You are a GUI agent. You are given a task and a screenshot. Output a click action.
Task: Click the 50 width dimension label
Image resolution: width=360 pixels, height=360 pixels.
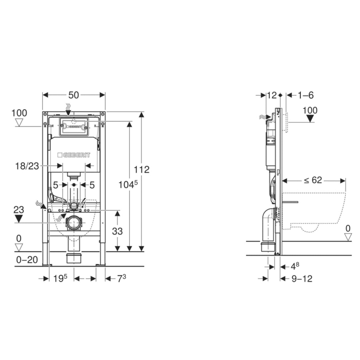(74, 94)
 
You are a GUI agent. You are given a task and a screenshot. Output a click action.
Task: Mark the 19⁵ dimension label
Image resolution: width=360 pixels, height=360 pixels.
(61, 278)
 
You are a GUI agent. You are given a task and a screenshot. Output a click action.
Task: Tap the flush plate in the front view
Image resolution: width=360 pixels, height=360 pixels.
(75, 127)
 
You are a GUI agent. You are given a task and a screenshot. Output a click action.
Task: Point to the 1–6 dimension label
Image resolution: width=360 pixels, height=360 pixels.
(305, 95)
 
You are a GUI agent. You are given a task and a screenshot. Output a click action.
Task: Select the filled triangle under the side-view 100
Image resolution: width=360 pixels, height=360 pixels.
(310, 119)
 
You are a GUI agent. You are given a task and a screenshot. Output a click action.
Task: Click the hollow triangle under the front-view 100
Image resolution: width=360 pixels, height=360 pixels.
(19, 123)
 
